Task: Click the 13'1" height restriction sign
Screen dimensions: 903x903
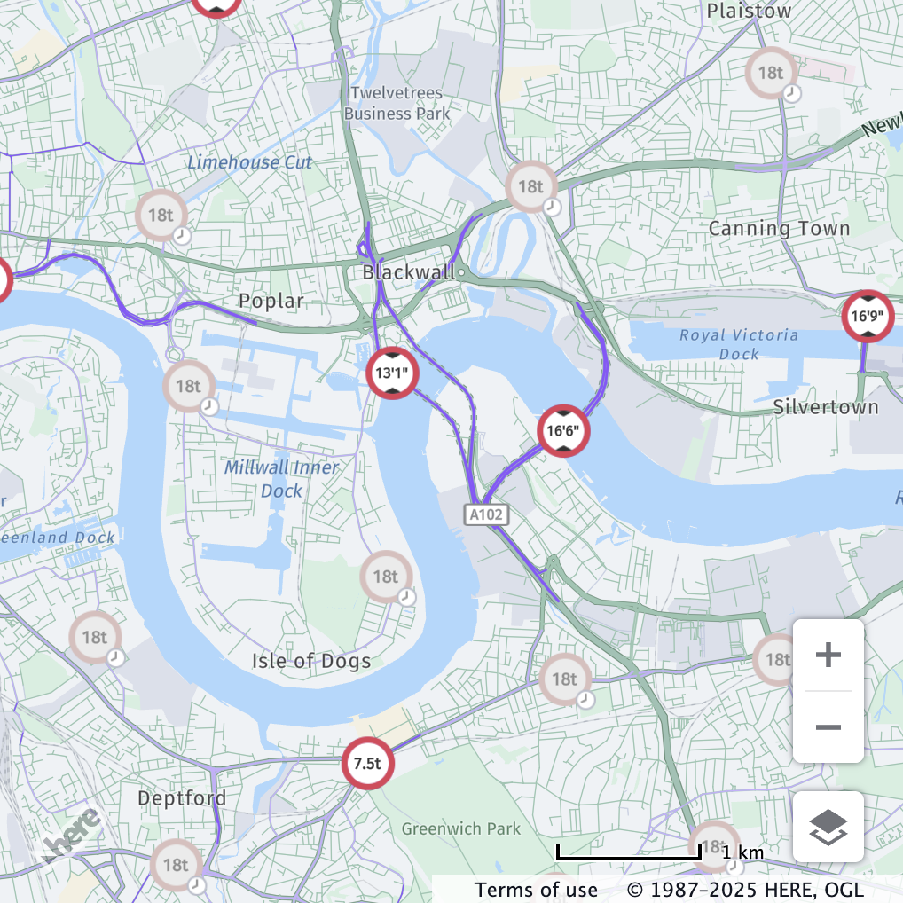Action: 392,373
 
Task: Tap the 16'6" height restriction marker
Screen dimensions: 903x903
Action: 563,432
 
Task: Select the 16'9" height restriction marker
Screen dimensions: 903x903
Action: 868,316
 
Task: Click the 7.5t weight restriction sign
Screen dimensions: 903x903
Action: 368,763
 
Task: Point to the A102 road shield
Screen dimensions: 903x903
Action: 486,514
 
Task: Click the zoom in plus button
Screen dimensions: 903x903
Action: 828,656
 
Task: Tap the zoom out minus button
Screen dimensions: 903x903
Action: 828,727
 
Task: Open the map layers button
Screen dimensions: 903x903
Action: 828,827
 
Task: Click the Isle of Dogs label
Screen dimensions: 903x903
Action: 310,660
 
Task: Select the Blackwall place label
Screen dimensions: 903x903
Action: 408,272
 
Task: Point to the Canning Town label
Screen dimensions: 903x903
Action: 779,228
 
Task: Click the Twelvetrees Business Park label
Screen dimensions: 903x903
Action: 397,103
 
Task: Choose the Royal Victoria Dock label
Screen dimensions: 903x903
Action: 738,344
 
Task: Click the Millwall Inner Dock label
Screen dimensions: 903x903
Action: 281,479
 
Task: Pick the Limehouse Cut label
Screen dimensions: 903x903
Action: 249,162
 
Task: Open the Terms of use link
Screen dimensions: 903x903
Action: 536,889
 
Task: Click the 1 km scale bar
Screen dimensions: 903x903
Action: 628,853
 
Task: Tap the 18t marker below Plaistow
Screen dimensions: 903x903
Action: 771,73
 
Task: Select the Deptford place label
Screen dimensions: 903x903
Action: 182,797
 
